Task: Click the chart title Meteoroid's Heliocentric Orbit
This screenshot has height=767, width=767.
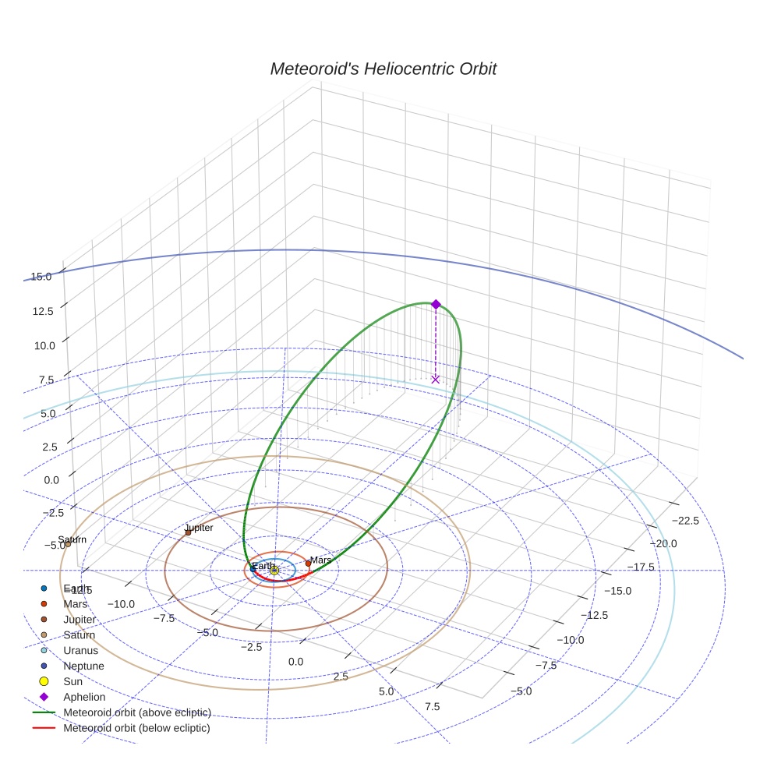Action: tap(383, 69)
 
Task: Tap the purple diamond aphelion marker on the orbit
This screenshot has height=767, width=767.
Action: tap(436, 304)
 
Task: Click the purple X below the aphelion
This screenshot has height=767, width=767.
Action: tap(436, 379)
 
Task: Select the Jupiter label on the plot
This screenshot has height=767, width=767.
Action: tap(199, 528)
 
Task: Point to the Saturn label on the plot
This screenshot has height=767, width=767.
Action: tap(72, 539)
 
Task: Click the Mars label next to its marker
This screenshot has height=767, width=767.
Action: tap(321, 560)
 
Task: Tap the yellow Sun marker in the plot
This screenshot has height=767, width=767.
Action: tap(274, 571)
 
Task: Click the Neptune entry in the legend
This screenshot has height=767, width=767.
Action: tap(83, 666)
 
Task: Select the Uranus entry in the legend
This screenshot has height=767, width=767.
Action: tap(81, 650)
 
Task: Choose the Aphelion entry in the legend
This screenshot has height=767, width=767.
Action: tap(84, 697)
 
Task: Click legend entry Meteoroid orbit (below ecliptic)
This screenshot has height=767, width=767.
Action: tap(136, 728)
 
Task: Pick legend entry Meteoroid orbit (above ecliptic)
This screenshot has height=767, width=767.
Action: tap(137, 712)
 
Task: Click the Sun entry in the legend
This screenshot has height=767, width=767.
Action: tap(73, 681)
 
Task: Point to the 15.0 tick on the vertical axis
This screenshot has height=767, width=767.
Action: tap(41, 277)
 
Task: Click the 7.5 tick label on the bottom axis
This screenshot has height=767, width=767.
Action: tap(433, 707)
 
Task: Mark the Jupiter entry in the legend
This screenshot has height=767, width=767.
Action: tap(80, 620)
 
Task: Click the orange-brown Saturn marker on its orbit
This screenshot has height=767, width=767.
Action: tap(68, 543)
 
